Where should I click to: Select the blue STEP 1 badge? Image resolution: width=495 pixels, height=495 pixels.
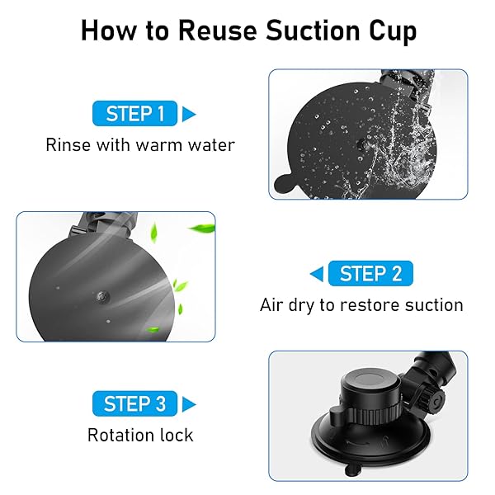point(135,113)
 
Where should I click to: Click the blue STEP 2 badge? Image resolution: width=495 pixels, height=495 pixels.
point(371,274)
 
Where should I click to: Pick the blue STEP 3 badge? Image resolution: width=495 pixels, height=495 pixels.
point(135,403)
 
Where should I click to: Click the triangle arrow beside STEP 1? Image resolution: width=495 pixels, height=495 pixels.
point(189,113)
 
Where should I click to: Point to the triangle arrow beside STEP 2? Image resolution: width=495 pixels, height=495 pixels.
point(316,274)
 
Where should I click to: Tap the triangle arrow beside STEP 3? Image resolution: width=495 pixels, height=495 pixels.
point(189,403)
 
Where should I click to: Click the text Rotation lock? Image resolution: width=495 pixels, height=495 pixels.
point(140,435)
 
